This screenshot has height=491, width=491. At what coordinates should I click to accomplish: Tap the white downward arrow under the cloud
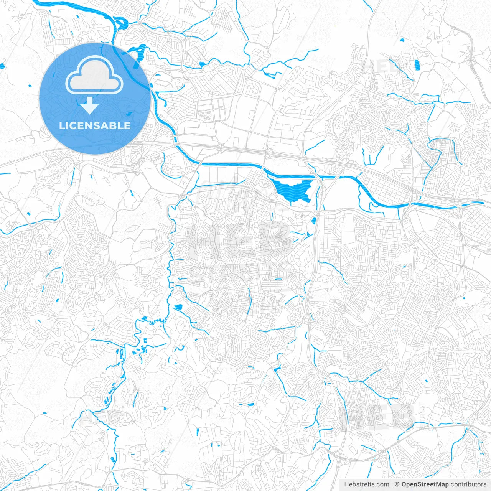pyautogui.click(x=90, y=105)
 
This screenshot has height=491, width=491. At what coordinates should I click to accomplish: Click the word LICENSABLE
pyautogui.click(x=94, y=125)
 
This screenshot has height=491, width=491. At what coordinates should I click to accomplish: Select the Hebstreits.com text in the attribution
pyautogui.click(x=366, y=484)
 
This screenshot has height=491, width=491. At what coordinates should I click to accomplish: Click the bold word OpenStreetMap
pyautogui.click(x=425, y=484)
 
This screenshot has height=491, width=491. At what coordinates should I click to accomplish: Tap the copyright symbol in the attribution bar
pyautogui.click(x=397, y=484)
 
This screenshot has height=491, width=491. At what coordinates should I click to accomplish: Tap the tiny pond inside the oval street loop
pyautogui.click(x=426, y=381)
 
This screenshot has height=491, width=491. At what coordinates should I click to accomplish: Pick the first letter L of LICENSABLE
pyautogui.click(x=61, y=125)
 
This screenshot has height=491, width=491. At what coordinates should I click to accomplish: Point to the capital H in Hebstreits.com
pyautogui.click(x=346, y=484)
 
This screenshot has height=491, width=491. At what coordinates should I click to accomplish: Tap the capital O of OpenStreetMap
pyautogui.click(x=404, y=484)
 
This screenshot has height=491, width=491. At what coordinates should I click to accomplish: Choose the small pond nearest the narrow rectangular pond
pyautogui.click(x=402, y=40)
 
